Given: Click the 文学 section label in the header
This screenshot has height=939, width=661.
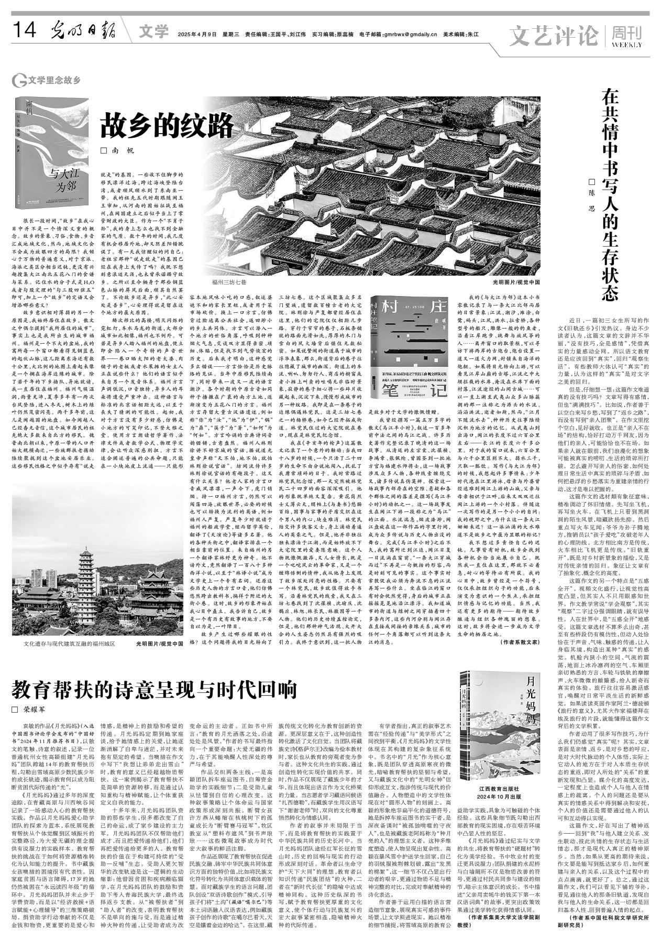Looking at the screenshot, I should (154, 32).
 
